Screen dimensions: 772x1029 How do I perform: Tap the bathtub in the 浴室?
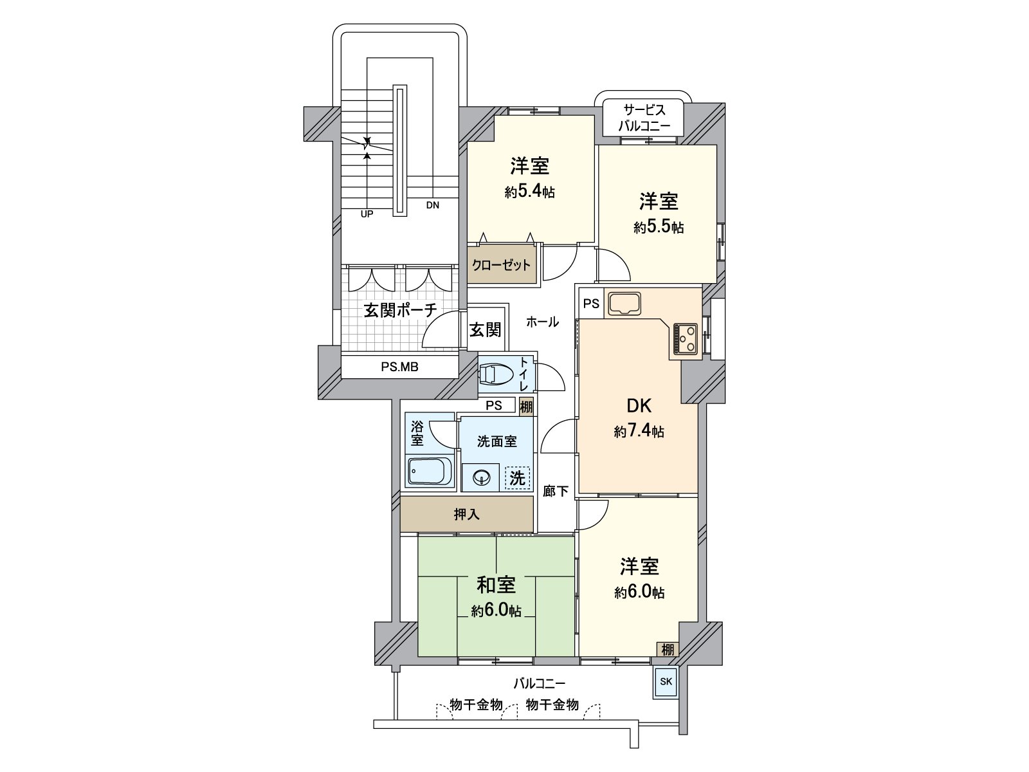[429, 472]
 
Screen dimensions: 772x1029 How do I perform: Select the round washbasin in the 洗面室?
[482, 477]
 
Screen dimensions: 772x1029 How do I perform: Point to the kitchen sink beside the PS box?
[624, 304]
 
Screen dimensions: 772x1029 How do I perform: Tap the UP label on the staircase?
[367, 214]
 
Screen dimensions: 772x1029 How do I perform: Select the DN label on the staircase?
[432, 206]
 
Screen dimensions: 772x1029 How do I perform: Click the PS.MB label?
[399, 367]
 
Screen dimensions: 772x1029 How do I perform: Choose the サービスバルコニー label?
[644, 118]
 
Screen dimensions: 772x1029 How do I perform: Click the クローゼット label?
[502, 264]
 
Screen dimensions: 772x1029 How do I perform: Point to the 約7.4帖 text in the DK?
[639, 432]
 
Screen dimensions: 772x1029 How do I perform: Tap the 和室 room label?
[496, 585]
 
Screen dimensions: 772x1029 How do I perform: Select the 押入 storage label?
[467, 515]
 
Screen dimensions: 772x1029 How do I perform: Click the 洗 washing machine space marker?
[518, 478]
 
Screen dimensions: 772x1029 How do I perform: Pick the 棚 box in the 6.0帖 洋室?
[668, 650]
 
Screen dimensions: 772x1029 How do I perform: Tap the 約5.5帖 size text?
[659, 227]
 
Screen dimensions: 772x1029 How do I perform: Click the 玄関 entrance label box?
[485, 330]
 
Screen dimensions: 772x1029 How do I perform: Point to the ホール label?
[542, 322]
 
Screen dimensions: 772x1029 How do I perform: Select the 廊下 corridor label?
[556, 492]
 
